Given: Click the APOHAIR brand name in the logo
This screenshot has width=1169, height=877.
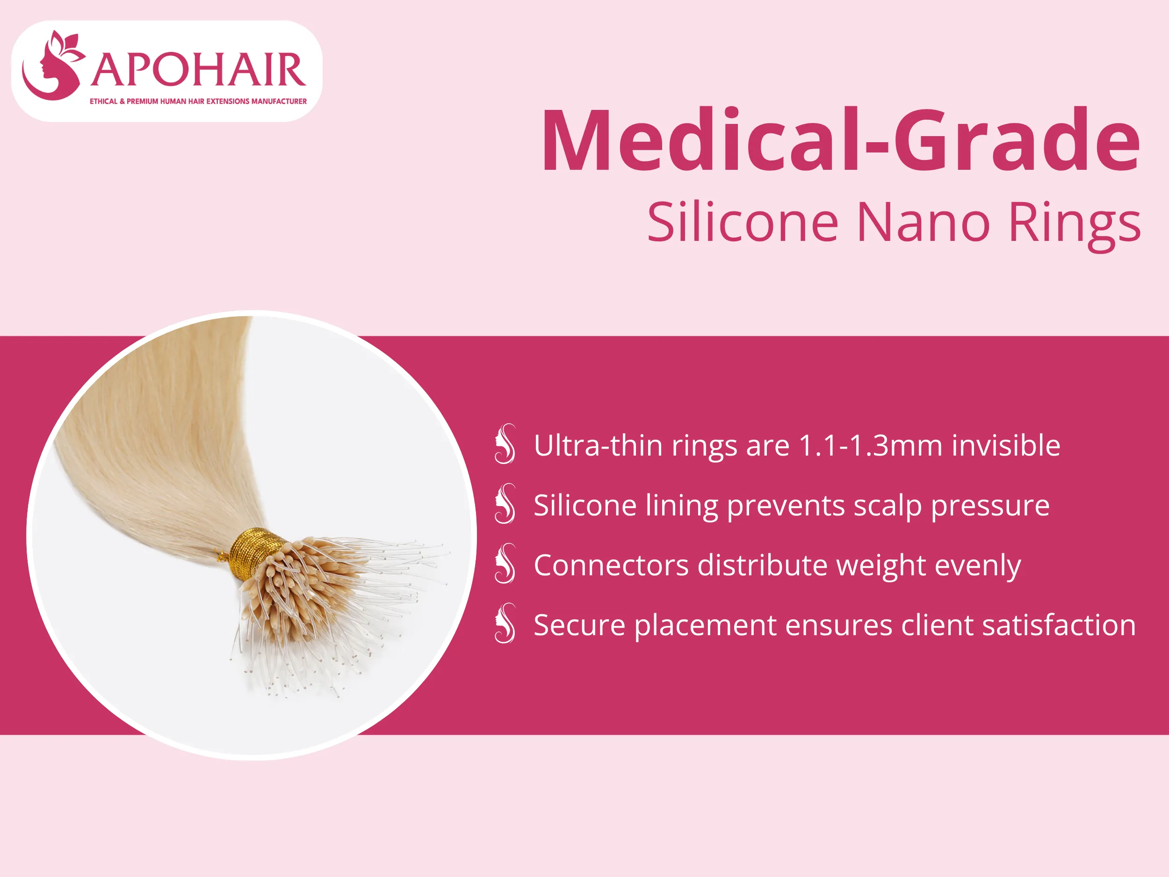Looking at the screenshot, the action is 198,70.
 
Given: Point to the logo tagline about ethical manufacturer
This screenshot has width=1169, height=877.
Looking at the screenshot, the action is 198,101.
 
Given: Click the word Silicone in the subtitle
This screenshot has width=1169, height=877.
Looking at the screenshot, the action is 743,222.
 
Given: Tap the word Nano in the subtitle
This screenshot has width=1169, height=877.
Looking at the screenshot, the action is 923,222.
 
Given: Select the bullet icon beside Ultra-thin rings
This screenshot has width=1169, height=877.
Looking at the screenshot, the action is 505,443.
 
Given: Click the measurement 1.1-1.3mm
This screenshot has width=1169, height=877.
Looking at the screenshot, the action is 870,445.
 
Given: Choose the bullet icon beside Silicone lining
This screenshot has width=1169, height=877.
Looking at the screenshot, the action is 505,503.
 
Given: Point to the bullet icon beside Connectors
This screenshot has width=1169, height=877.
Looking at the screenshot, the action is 505,563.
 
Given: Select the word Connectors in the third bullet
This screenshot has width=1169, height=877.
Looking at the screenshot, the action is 611,565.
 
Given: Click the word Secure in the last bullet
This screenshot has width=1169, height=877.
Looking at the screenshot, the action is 580,625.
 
